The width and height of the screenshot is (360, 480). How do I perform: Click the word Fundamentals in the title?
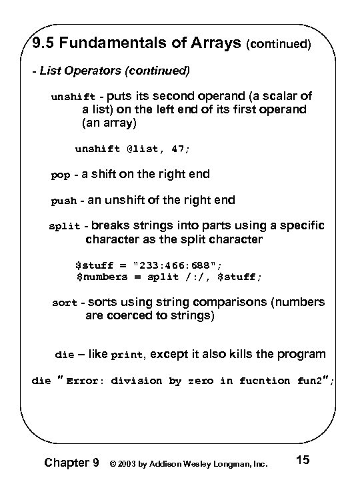coord(111,46)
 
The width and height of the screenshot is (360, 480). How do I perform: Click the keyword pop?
coord(61,176)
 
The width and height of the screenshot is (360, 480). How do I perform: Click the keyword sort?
coord(65,304)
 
